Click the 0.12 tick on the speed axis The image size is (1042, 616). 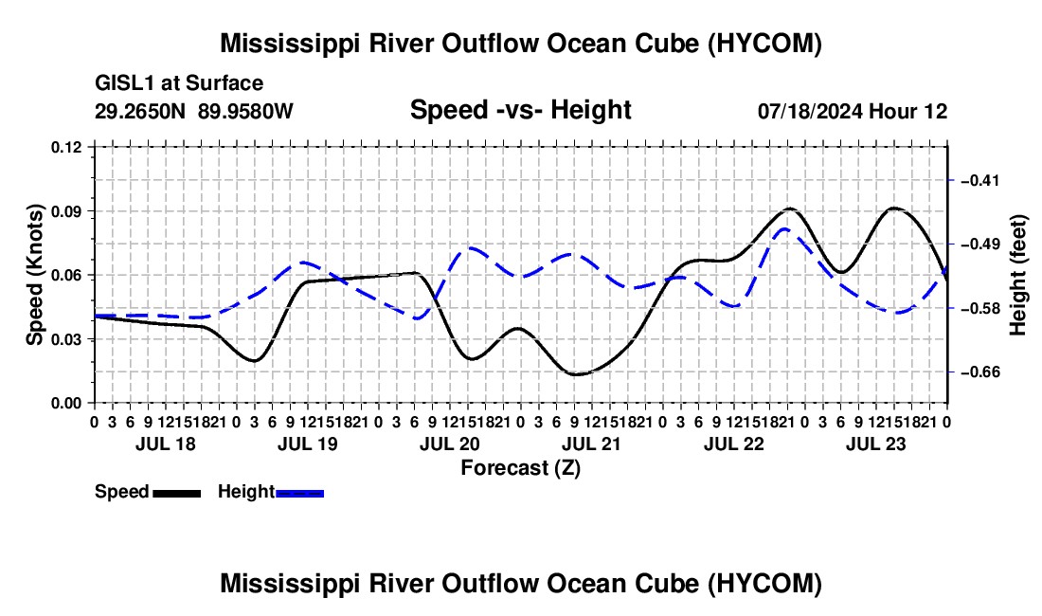click(66, 147)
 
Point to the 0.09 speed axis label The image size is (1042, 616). click(66, 211)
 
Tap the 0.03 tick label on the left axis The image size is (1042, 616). click(66, 339)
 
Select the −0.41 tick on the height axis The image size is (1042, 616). click(980, 180)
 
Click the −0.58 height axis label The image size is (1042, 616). click(980, 308)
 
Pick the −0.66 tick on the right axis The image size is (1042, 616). click(980, 372)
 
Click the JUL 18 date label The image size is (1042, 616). click(166, 444)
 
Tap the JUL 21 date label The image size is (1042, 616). click(591, 444)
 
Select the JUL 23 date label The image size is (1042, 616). click(876, 444)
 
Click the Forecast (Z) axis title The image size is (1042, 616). click(521, 468)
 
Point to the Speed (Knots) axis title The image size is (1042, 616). click(35, 275)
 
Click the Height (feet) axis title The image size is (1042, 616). click(1018, 275)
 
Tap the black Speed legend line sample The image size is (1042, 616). click(177, 494)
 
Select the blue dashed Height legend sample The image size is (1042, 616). click(299, 494)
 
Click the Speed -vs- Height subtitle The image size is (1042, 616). click(520, 110)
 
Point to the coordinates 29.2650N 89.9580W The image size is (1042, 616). click(193, 111)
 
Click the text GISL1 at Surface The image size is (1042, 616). click(179, 83)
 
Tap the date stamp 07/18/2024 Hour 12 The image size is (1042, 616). click(853, 111)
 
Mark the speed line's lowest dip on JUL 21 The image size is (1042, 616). click(576, 374)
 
